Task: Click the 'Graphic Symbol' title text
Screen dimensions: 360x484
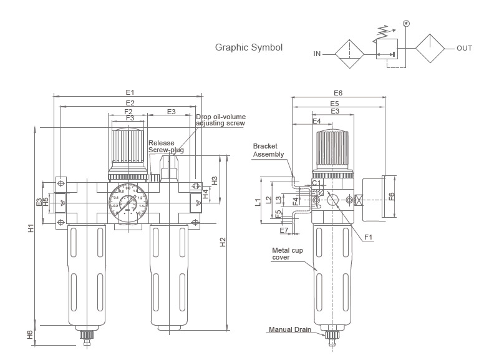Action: click(x=249, y=47)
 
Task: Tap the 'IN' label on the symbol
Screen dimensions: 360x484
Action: click(x=317, y=54)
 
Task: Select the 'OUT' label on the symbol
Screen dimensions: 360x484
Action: click(x=464, y=48)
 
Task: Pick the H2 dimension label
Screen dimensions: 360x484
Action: click(x=223, y=241)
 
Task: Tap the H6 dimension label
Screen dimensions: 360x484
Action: click(x=30, y=334)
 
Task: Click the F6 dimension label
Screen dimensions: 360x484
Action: click(x=392, y=196)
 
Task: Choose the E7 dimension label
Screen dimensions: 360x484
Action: click(x=284, y=230)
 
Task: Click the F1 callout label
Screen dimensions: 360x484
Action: click(x=369, y=237)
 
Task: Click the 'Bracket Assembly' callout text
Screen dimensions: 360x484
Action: click(x=269, y=150)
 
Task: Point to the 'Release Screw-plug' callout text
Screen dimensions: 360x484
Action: click(x=166, y=147)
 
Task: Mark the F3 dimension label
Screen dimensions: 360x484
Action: click(x=130, y=117)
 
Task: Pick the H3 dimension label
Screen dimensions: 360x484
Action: click(x=215, y=180)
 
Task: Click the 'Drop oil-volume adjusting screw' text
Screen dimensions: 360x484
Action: click(x=220, y=120)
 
